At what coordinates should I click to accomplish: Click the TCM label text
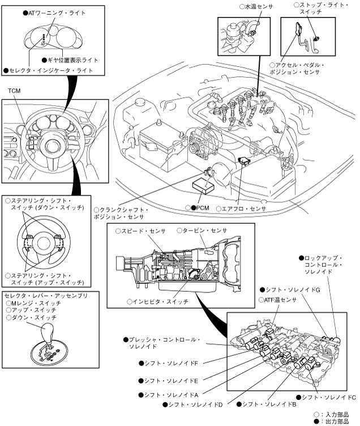tap(14, 91)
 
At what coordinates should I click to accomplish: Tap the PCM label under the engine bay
tap(203, 208)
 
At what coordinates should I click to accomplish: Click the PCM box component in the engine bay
tap(203, 186)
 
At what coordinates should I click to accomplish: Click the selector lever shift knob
tap(47, 331)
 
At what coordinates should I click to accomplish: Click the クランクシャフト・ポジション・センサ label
tap(121, 214)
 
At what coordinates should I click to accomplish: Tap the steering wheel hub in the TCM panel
tap(51, 147)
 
